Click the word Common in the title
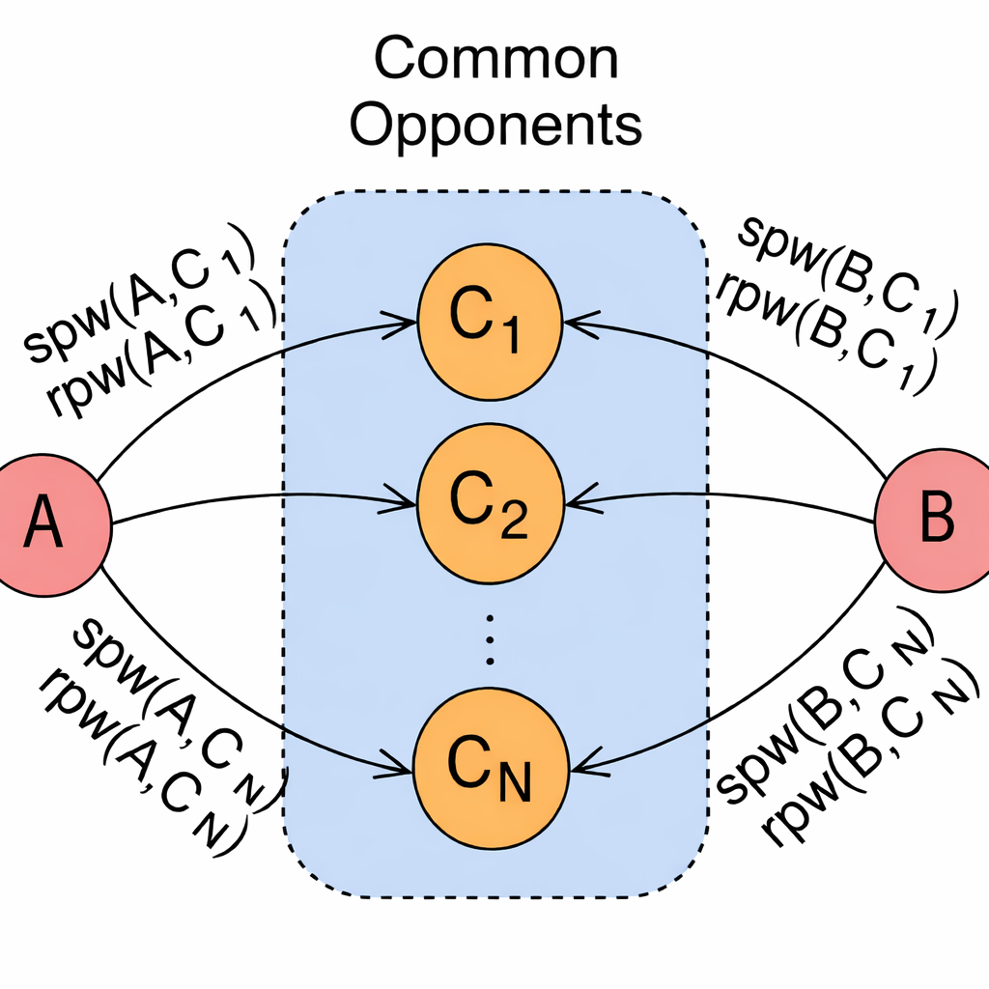coord(496,60)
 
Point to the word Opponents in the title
coord(496,126)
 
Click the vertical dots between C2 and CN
coord(490,637)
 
